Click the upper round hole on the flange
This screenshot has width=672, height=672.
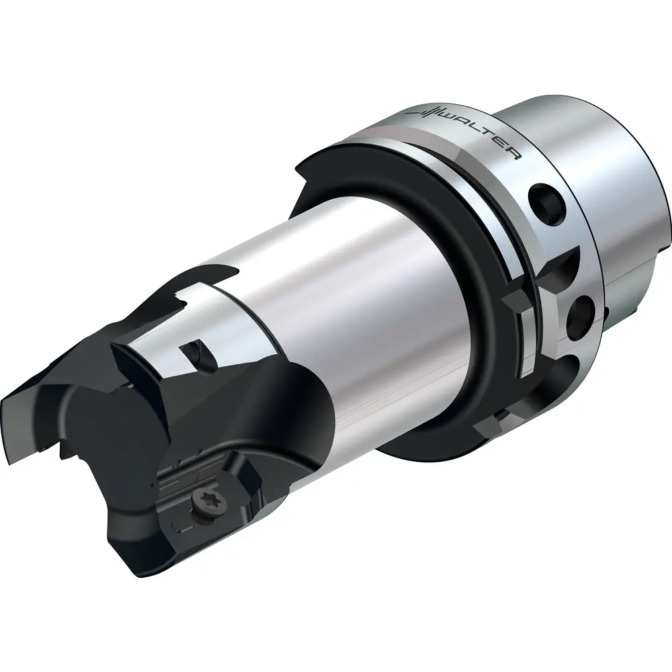[546, 200]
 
